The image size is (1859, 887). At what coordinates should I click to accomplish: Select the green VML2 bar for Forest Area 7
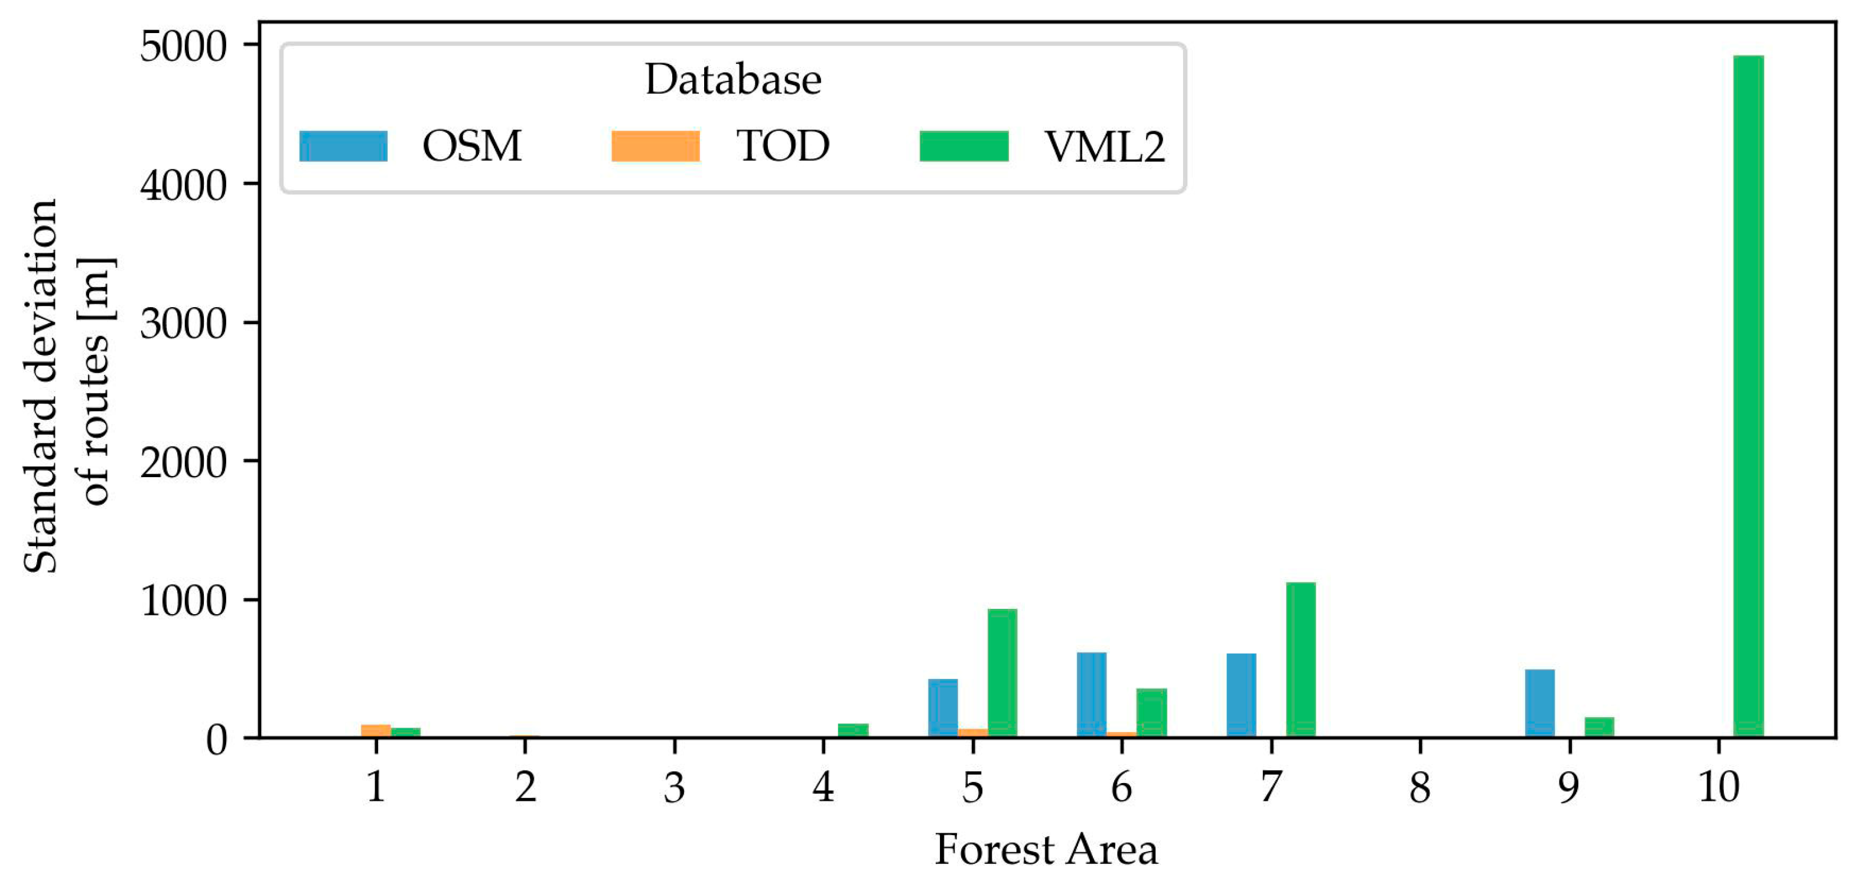[x=1300, y=660]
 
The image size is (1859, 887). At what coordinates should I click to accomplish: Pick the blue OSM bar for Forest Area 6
[x=1091, y=694]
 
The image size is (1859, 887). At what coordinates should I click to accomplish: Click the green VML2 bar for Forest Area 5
[x=1002, y=673]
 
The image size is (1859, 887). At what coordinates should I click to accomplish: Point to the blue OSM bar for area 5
[x=942, y=707]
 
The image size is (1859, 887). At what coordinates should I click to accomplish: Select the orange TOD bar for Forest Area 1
[x=375, y=731]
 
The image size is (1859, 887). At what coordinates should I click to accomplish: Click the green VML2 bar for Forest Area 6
[x=1151, y=712]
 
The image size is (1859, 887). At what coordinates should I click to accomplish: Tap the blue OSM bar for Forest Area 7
[x=1241, y=695]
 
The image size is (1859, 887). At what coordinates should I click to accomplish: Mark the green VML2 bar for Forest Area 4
[x=853, y=730]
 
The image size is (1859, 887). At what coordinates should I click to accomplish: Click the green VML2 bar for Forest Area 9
[x=1599, y=727]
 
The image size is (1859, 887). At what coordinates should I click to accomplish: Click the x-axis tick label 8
[x=1420, y=787]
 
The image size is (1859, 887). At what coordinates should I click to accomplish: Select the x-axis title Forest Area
[x=1046, y=850]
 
